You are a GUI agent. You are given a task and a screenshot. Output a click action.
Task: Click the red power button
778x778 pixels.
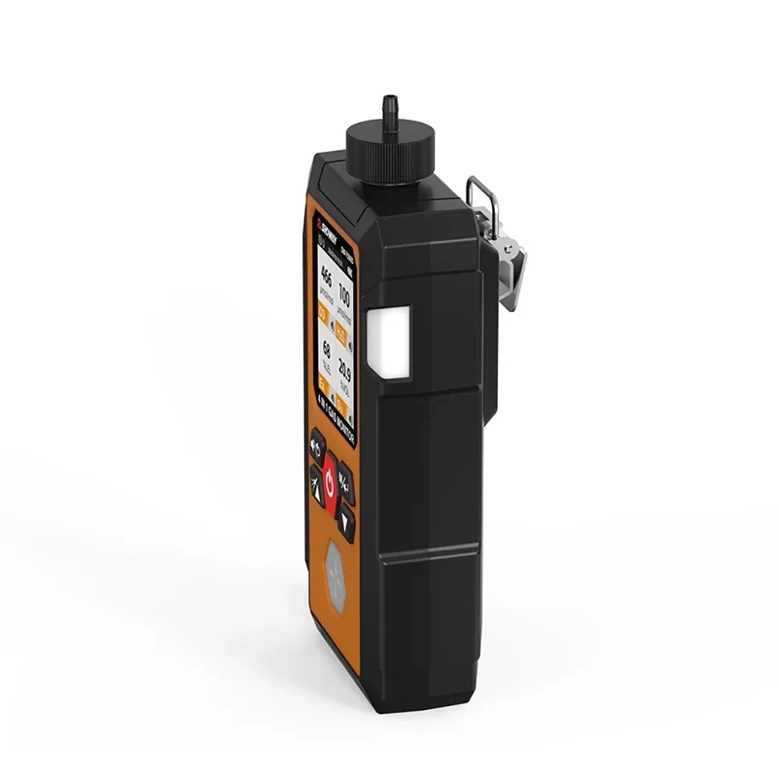click(x=331, y=479)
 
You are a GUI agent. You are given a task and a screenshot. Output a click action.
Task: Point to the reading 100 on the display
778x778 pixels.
click(x=344, y=296)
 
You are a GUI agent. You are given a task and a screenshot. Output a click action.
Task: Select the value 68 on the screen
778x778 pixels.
click(x=326, y=349)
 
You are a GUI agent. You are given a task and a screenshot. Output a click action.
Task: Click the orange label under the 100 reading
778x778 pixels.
click(x=341, y=335)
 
